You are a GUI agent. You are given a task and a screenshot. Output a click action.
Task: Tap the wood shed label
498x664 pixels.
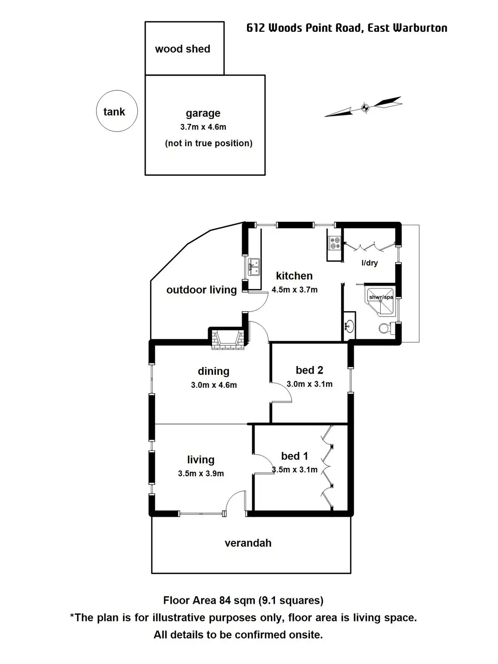[x=182, y=49]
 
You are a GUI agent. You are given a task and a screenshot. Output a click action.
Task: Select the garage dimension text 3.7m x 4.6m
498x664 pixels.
[x=203, y=127]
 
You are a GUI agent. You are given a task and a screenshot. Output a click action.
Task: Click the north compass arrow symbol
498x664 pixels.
[x=364, y=107]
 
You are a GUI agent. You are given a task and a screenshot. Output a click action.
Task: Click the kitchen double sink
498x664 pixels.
[x=254, y=267]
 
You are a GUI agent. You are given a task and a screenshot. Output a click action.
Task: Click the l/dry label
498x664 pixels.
[x=370, y=263]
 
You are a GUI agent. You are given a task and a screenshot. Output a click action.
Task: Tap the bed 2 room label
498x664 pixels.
[x=309, y=370]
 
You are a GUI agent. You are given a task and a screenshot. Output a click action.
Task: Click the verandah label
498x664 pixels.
[x=248, y=543]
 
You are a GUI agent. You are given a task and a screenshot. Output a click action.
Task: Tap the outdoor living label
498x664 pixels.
[x=201, y=290]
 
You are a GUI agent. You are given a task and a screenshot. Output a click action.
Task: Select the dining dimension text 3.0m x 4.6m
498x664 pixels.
[x=214, y=385]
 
